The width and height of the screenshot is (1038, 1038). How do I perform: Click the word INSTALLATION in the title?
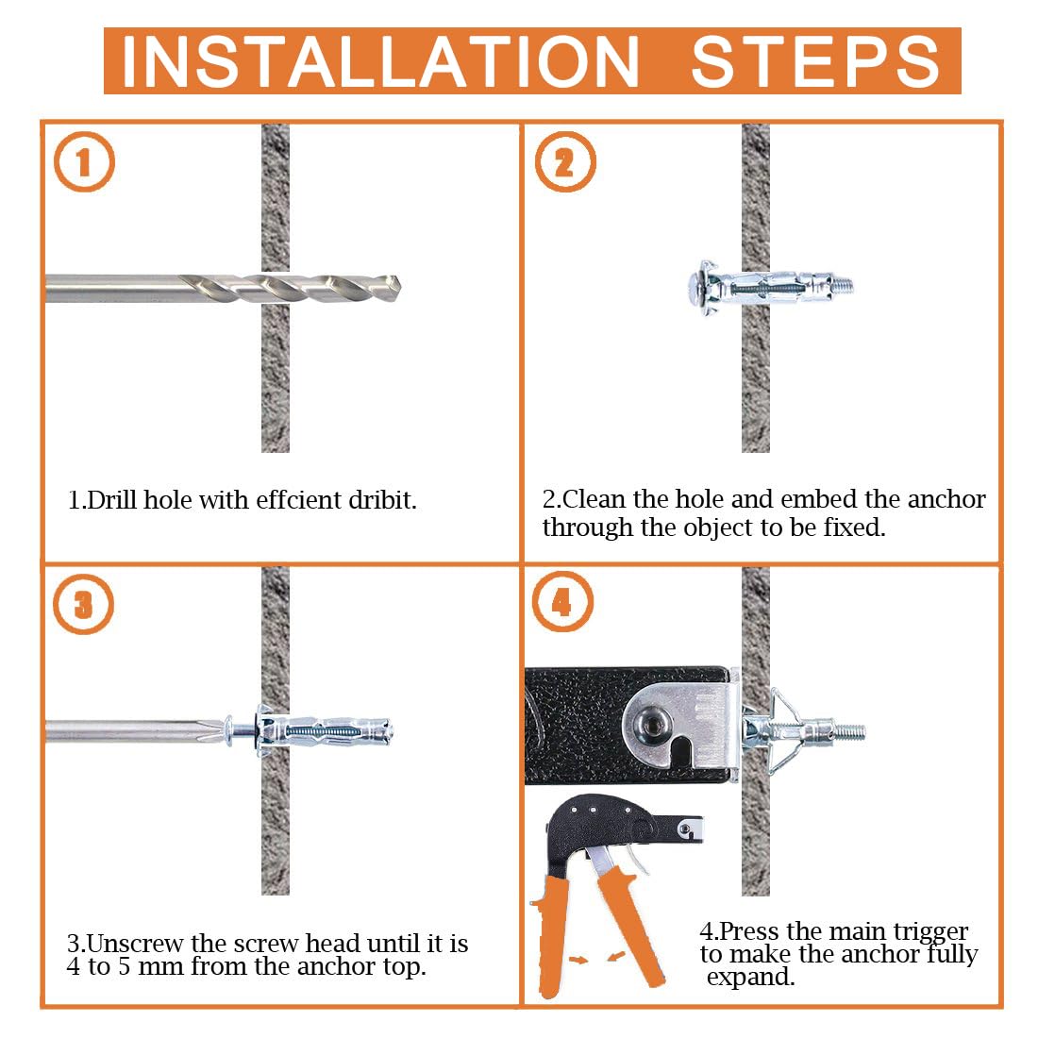point(380,61)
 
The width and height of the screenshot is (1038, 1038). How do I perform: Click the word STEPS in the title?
point(815,61)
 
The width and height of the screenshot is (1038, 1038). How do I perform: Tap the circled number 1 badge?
point(84,162)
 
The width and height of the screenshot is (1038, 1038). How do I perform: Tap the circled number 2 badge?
point(564,162)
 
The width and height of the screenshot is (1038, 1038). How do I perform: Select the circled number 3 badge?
point(83,604)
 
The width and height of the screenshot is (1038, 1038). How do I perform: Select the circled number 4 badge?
point(562,602)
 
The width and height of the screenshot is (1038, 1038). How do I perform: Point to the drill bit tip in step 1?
point(398,288)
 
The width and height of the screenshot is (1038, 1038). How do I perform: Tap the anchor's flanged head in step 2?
point(701,288)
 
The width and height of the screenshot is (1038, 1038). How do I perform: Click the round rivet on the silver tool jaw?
point(652,721)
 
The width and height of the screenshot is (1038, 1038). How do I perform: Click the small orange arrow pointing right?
point(578,960)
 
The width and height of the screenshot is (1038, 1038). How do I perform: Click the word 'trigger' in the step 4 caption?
point(930,930)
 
